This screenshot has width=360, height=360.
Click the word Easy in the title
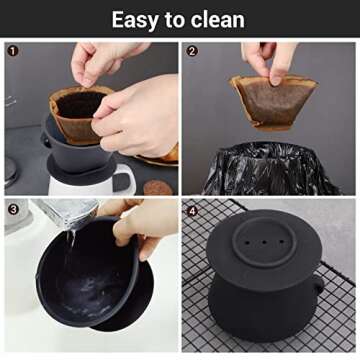(135, 20)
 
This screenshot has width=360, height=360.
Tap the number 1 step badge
(13, 50)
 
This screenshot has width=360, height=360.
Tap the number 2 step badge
(192, 50)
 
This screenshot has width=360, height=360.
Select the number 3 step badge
(13, 209)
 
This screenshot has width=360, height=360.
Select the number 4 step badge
(192, 209)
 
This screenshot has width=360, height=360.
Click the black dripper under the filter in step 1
(70, 150)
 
